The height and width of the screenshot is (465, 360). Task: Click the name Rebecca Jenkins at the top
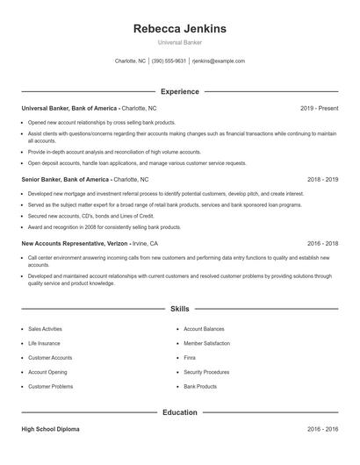click(179, 29)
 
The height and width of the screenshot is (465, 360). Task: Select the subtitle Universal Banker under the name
click(179, 43)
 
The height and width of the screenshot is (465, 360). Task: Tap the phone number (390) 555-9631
click(169, 61)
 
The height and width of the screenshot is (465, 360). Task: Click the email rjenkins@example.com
click(218, 61)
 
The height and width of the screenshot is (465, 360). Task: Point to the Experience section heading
click(179, 91)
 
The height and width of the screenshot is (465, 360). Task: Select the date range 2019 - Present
click(319, 108)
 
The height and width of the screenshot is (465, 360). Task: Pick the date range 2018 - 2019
click(322, 179)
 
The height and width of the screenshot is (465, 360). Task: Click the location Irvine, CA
click(145, 243)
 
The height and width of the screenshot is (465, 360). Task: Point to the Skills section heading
click(179, 309)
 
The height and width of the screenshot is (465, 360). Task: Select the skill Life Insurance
click(44, 343)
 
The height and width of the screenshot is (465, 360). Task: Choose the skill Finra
click(190, 358)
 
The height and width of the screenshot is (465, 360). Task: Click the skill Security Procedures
click(206, 372)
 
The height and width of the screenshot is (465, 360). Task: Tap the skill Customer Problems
click(50, 386)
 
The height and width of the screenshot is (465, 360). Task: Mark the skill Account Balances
click(204, 329)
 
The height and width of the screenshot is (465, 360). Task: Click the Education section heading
click(179, 411)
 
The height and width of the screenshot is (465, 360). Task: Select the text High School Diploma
click(50, 429)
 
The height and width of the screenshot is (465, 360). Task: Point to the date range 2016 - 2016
click(322, 429)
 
